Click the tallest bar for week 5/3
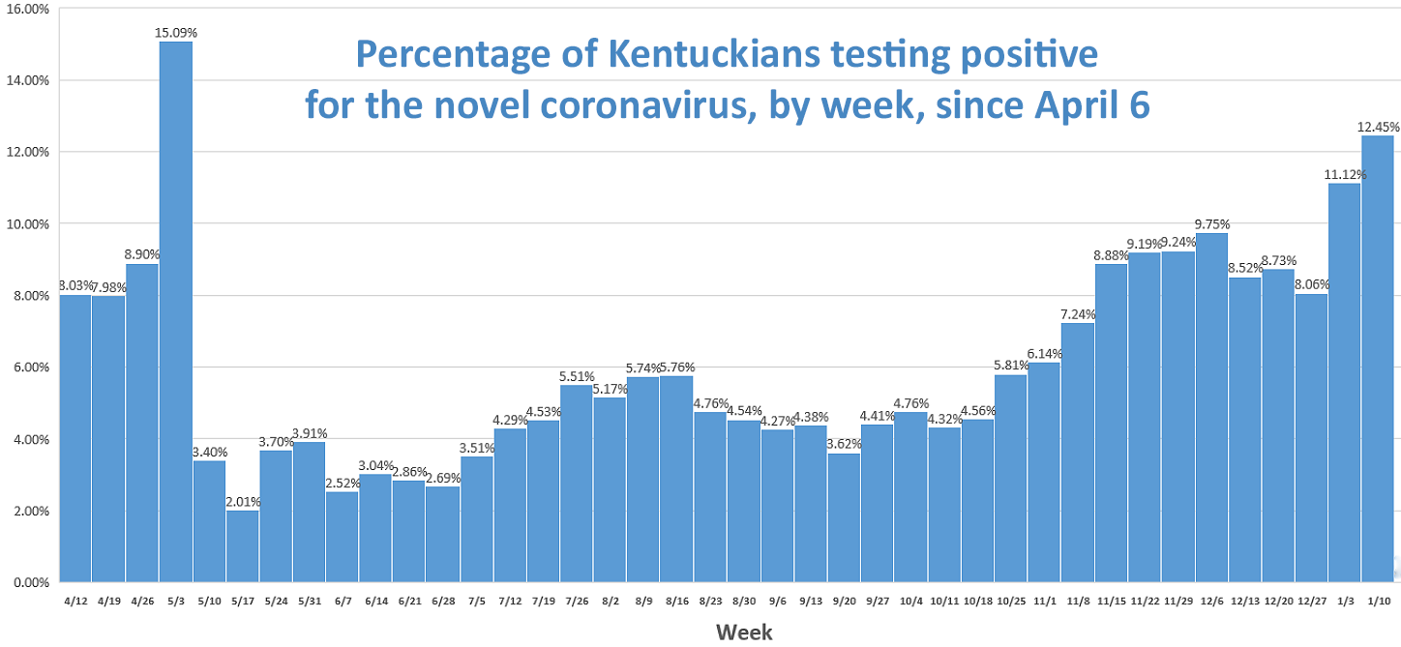(176, 312)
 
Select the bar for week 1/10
(1379, 359)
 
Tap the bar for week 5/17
(243, 546)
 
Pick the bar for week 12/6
(1211, 407)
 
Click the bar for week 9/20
(844, 517)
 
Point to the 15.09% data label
(176, 33)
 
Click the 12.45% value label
(1379, 127)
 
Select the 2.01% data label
(243, 501)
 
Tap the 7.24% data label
(1078, 313)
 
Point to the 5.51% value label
(577, 376)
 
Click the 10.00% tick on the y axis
(27, 223)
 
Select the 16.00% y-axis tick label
(27, 9)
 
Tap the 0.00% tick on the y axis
(31, 582)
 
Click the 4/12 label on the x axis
(75, 601)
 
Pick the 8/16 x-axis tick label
(677, 601)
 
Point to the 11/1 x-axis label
(1045, 601)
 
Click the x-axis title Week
(744, 632)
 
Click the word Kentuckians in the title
(714, 54)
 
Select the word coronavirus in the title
(643, 105)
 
